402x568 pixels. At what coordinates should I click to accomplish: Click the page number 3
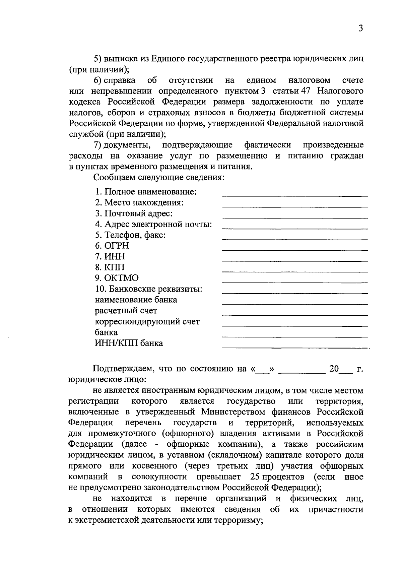click(x=360, y=28)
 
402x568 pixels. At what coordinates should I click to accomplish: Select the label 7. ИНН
click(x=110, y=257)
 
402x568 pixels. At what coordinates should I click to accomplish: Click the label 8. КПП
click(x=110, y=267)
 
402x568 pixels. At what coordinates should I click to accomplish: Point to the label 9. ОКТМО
click(x=117, y=278)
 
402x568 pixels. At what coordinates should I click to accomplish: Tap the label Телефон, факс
click(x=130, y=235)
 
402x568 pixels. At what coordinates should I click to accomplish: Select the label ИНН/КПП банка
click(x=129, y=343)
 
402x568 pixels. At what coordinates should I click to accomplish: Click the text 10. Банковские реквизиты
click(x=149, y=289)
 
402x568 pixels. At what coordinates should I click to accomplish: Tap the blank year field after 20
click(x=346, y=371)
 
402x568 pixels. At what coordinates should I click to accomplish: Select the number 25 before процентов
click(x=256, y=477)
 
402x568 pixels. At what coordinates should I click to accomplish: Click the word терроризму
click(x=236, y=520)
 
